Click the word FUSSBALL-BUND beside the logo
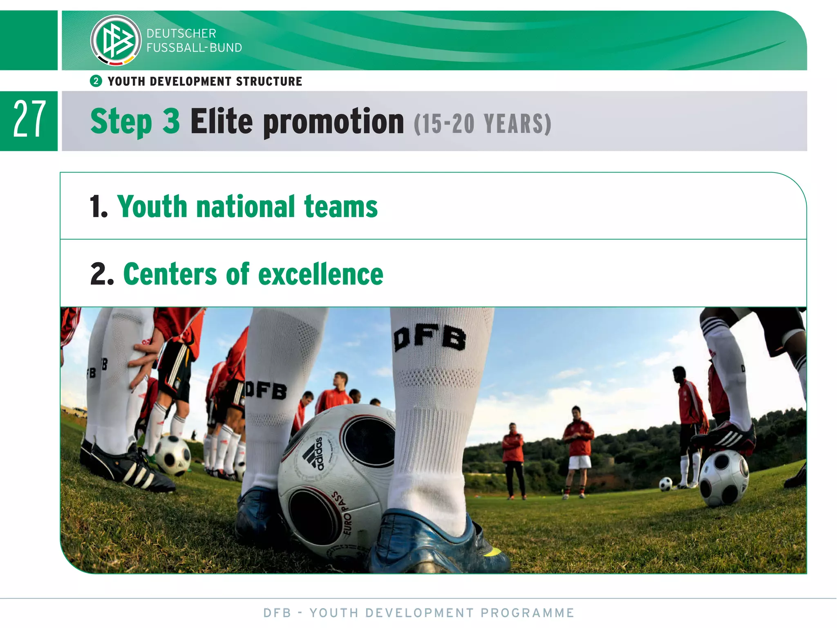194,48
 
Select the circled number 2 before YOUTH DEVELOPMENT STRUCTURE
96,81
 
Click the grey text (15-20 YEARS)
482,124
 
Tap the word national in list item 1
245,206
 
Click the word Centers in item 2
170,274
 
